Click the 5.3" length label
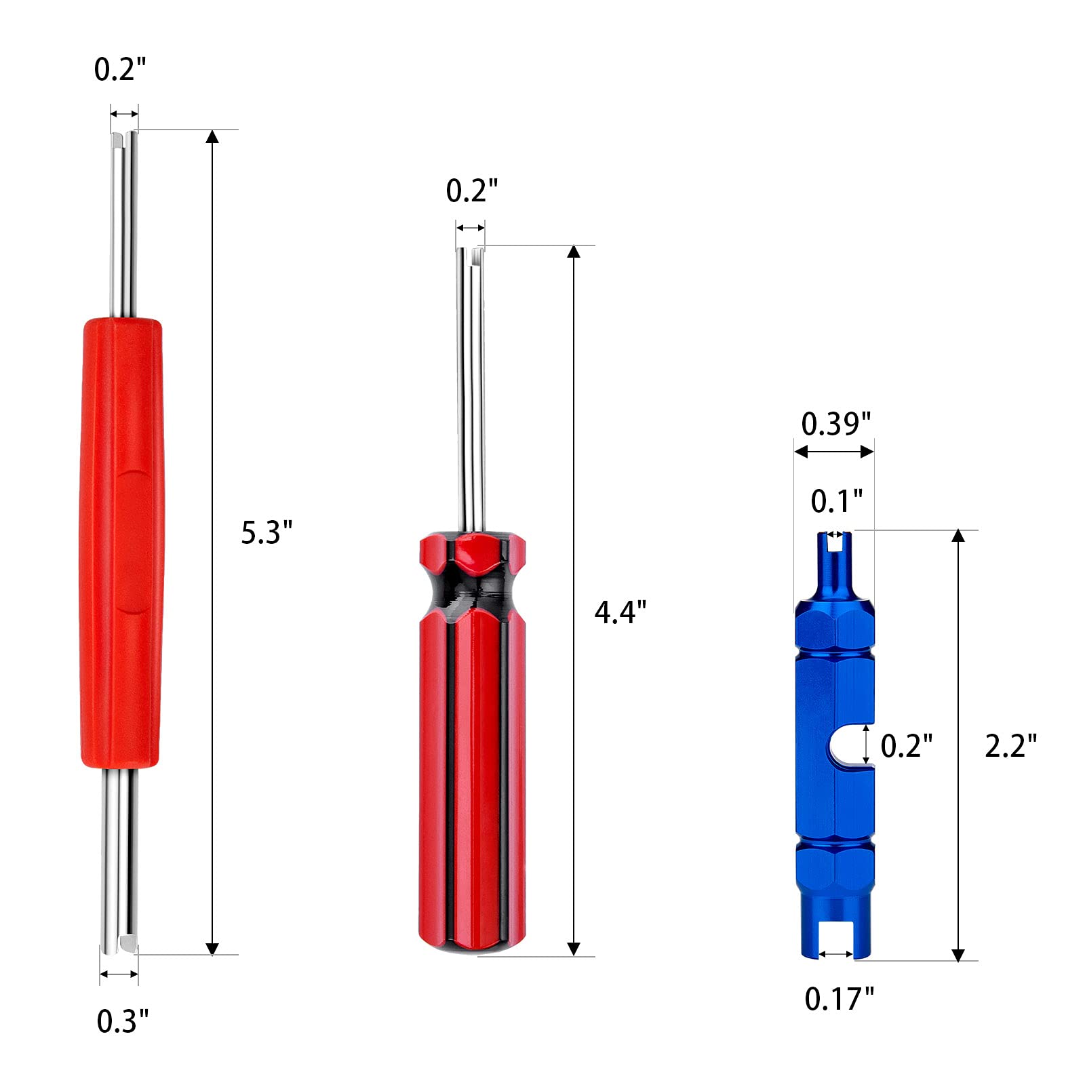(267, 533)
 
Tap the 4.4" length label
(620, 612)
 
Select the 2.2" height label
(1010, 746)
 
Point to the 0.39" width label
(835, 425)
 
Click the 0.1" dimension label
(836, 502)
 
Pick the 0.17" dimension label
(839, 1000)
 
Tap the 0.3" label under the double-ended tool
(122, 1021)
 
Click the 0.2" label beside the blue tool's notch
(906, 746)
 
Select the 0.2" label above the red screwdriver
(471, 191)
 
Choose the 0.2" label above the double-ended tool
(120, 69)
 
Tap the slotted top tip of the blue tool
(835, 542)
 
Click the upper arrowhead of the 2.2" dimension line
(958, 536)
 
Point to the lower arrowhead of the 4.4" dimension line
(574, 949)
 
